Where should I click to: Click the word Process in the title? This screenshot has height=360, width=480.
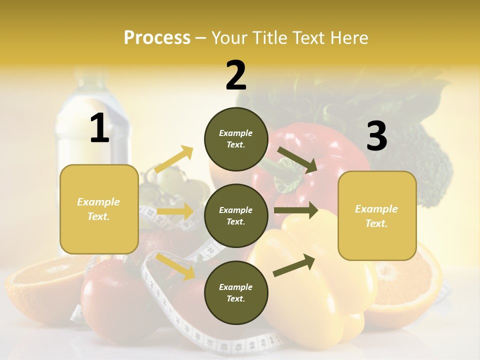coord(157,38)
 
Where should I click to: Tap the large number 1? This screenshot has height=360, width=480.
coord(99,128)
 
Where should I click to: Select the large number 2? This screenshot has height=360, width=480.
coord(236,75)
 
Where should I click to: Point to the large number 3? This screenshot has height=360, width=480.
coord(376,136)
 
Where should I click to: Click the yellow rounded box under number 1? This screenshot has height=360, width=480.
coord(99,209)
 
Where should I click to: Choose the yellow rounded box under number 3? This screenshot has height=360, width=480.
coord(377,215)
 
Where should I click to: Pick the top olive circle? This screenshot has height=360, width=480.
coord(236,139)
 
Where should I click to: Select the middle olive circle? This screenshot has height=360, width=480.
coord(236,215)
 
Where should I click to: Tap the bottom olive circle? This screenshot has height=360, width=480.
coord(236,292)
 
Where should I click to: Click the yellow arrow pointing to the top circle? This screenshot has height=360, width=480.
coord(174,159)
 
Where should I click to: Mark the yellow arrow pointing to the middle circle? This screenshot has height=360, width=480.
coord(175,211)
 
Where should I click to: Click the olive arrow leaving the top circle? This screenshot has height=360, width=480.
coord(297,159)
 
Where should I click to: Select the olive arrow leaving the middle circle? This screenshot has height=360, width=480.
coord(296,210)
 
